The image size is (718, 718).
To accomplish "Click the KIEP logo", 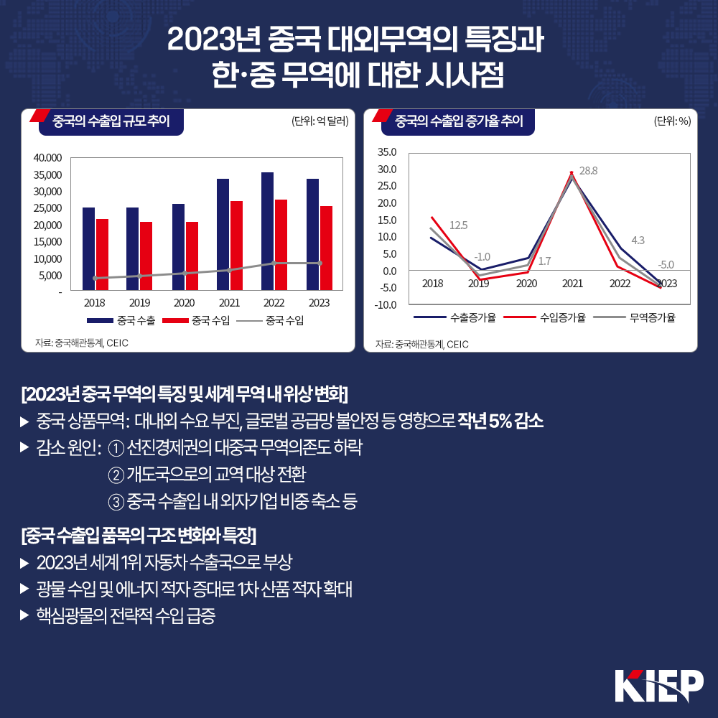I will [x=658, y=685].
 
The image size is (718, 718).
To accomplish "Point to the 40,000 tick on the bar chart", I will [x=49, y=158].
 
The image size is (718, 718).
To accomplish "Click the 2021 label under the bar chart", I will [x=229, y=303].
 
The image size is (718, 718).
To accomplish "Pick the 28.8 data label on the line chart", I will [x=589, y=171].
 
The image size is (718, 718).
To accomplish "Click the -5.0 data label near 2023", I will [x=666, y=264].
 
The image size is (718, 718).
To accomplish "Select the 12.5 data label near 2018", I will [x=458, y=225].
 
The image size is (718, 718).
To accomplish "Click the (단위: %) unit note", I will [x=672, y=121].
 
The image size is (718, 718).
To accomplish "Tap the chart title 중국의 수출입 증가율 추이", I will [x=459, y=121].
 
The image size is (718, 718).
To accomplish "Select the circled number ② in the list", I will [x=116, y=475].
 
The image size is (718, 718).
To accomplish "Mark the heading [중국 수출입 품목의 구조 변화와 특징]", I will [x=139, y=535].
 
